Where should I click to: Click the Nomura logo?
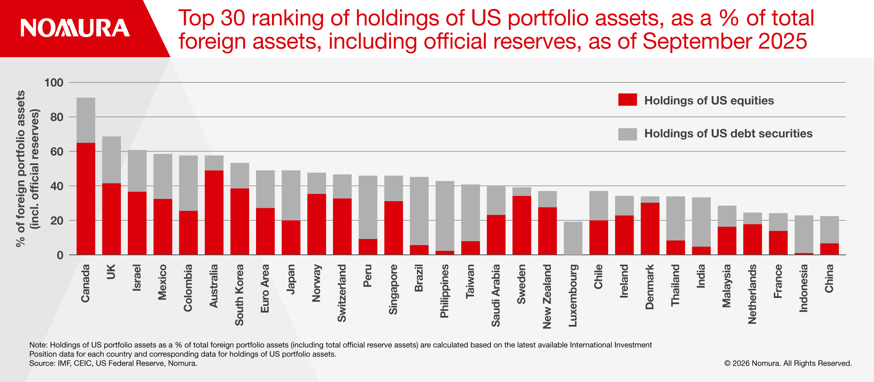point(75,28)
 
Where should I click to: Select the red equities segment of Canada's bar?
point(86,198)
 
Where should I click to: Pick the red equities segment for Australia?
point(214,212)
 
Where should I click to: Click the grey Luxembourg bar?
point(573,238)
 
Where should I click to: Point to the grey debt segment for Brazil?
point(419,211)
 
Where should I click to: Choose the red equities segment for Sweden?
point(521,225)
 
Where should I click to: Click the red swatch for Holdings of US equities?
point(627,100)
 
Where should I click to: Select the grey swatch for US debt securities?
point(627,134)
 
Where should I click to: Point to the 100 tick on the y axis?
point(54,83)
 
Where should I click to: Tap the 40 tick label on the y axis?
point(57,186)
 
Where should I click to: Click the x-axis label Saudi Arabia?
point(496,295)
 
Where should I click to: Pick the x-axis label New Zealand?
point(547,297)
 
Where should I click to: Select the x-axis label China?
point(829,278)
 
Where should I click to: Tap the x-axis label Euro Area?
point(265,289)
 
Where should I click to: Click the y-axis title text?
point(27,168)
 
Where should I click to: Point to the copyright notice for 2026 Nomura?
point(788,363)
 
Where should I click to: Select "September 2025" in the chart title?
point(725,41)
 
